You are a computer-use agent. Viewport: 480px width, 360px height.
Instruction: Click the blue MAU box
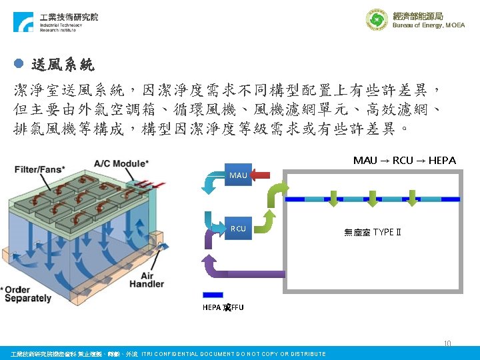click(x=238, y=175)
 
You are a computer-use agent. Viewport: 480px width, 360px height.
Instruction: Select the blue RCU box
click(x=238, y=229)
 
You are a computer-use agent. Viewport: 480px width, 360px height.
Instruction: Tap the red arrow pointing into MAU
click(x=261, y=176)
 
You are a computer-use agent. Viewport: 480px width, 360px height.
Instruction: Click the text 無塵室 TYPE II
click(x=373, y=232)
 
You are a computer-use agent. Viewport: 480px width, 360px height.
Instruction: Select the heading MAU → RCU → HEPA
click(x=404, y=160)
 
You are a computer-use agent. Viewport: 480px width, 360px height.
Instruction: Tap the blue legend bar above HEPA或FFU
click(x=213, y=294)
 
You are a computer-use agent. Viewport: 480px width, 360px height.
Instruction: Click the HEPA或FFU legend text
click(x=223, y=307)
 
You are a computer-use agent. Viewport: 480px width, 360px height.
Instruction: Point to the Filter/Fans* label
click(x=41, y=169)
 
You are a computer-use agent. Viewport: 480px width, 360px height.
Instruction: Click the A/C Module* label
click(x=121, y=163)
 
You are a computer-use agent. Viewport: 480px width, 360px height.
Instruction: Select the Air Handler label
click(x=147, y=279)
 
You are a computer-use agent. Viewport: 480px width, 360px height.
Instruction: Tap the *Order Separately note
click(x=28, y=294)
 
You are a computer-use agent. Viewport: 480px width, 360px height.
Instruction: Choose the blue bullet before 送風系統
click(x=19, y=64)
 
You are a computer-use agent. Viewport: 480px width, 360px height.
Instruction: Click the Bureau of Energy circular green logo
click(x=377, y=19)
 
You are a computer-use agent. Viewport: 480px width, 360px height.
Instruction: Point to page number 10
click(x=447, y=344)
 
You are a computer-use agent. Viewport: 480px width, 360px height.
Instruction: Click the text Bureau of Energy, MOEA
click(x=429, y=25)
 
